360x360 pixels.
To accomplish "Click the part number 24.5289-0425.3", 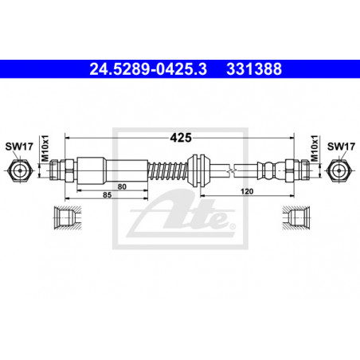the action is (x=148, y=69).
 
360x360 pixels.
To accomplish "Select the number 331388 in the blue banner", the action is (x=254, y=69).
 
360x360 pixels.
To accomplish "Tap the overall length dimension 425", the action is (x=181, y=138).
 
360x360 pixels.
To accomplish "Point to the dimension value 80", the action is (x=122, y=186).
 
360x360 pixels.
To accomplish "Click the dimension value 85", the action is (x=107, y=195).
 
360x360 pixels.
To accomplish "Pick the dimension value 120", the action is (x=247, y=191).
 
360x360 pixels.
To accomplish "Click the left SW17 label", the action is (x=19, y=147).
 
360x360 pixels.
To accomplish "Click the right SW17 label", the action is (x=341, y=147).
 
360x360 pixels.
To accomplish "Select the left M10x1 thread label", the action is (x=45, y=148).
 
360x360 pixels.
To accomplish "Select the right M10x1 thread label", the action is (x=315, y=148).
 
